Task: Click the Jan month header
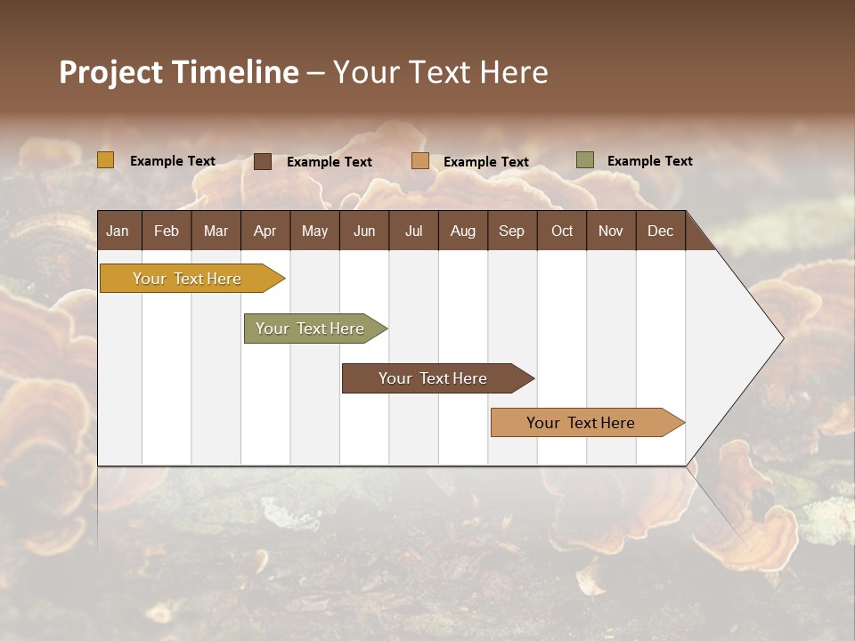click(x=118, y=231)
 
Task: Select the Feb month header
click(x=167, y=231)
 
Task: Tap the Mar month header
click(x=216, y=231)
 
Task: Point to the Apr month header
click(x=265, y=231)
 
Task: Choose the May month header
click(x=314, y=231)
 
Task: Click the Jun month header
click(x=364, y=231)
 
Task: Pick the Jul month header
click(x=413, y=231)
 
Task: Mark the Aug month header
click(x=462, y=231)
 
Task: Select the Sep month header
click(x=511, y=231)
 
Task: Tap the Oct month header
click(x=562, y=231)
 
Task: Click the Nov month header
click(x=611, y=231)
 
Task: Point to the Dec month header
click(x=660, y=231)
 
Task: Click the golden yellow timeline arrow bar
click(x=188, y=279)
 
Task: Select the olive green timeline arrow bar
click(x=311, y=329)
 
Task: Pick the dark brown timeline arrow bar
click(x=434, y=378)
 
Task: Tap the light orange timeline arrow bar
click(x=582, y=423)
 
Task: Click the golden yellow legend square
click(x=106, y=160)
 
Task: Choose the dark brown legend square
click(x=263, y=161)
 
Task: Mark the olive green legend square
click(x=584, y=160)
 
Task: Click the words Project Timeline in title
click(x=179, y=72)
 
